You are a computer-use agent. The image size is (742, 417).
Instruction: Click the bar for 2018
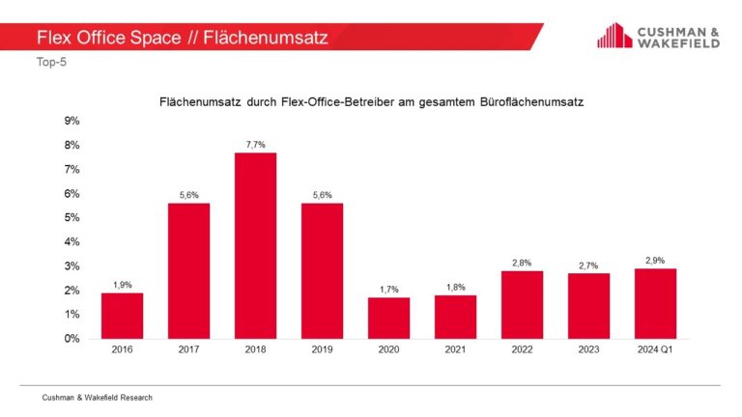point(255,245)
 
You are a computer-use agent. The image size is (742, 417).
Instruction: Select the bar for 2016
point(122,316)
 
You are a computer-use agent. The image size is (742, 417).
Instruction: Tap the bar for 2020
point(388,318)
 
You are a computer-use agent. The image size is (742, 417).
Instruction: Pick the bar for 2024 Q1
point(655,303)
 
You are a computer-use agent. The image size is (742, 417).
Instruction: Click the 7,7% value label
point(255,143)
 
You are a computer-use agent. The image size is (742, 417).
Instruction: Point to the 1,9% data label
point(122,284)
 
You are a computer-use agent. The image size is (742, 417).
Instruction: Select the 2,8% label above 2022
point(522,262)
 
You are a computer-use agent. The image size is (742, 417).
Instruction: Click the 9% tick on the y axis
point(71,121)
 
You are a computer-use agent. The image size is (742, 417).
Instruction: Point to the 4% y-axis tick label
point(71,242)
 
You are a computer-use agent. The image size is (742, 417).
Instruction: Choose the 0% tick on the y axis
point(71,339)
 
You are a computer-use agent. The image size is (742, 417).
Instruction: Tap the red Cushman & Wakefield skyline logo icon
point(614,37)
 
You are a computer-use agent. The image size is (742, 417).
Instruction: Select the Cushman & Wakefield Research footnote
point(97,397)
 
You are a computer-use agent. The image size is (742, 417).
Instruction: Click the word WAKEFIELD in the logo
point(677,43)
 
